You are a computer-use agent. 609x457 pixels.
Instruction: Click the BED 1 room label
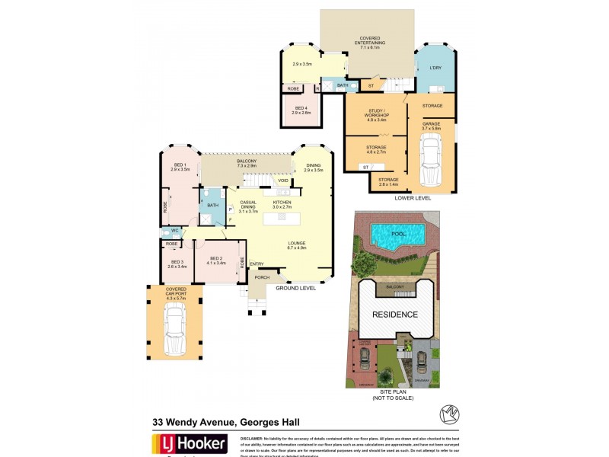click(180, 166)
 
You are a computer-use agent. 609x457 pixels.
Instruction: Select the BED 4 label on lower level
click(302, 109)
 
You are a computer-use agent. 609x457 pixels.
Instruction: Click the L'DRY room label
click(435, 69)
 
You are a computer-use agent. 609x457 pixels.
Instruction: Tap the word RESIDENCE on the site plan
click(394, 314)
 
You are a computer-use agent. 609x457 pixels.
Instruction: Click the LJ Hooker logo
click(190, 444)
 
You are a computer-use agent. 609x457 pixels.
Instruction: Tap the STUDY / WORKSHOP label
click(378, 117)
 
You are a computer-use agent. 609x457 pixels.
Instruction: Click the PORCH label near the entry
click(262, 277)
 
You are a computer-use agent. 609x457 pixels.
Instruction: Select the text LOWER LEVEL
click(413, 197)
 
